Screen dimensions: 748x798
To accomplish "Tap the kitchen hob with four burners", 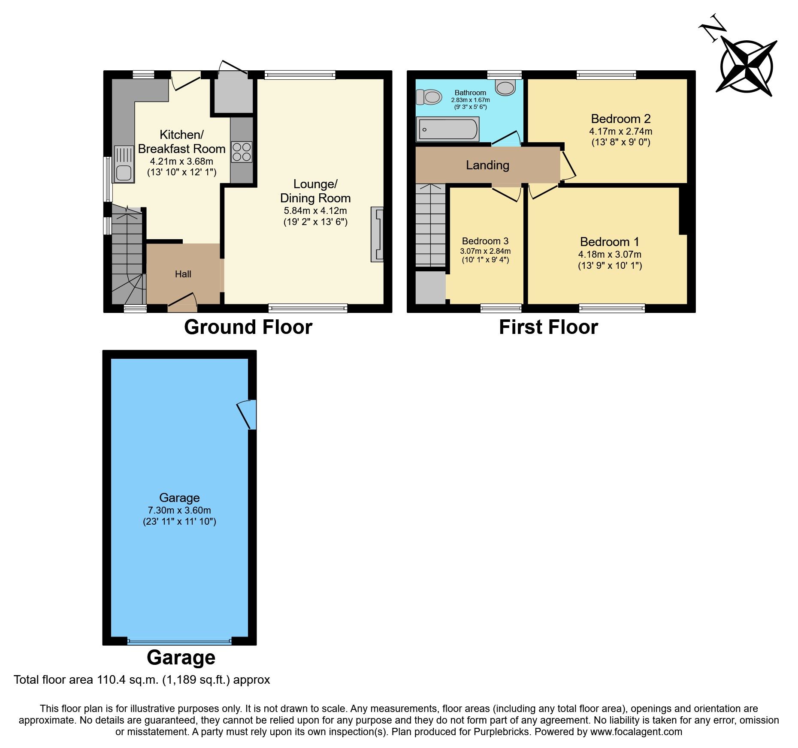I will (x=242, y=152).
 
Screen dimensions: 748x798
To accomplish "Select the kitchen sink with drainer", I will (x=124, y=164).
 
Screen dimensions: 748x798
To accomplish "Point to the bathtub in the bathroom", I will (x=447, y=129).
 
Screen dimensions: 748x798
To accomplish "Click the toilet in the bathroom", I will (x=429, y=97).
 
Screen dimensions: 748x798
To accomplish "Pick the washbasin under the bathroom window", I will (x=505, y=87).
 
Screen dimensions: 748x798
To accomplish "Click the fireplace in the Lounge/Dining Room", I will (x=377, y=234).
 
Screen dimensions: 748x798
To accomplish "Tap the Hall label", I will (x=183, y=274).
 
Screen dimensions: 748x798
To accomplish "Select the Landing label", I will (x=487, y=165).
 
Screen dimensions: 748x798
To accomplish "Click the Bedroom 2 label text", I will (x=620, y=119).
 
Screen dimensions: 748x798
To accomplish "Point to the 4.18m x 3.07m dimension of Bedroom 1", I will (x=609, y=255).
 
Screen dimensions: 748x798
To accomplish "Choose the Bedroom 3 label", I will (x=485, y=241).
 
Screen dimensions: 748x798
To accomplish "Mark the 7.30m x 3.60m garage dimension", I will (x=179, y=511).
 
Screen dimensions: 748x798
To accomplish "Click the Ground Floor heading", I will (x=248, y=327).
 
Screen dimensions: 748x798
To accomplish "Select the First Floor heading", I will (x=548, y=327).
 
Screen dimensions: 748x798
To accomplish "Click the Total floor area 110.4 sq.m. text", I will (x=142, y=680).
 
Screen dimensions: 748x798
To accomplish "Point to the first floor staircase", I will (x=430, y=225).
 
